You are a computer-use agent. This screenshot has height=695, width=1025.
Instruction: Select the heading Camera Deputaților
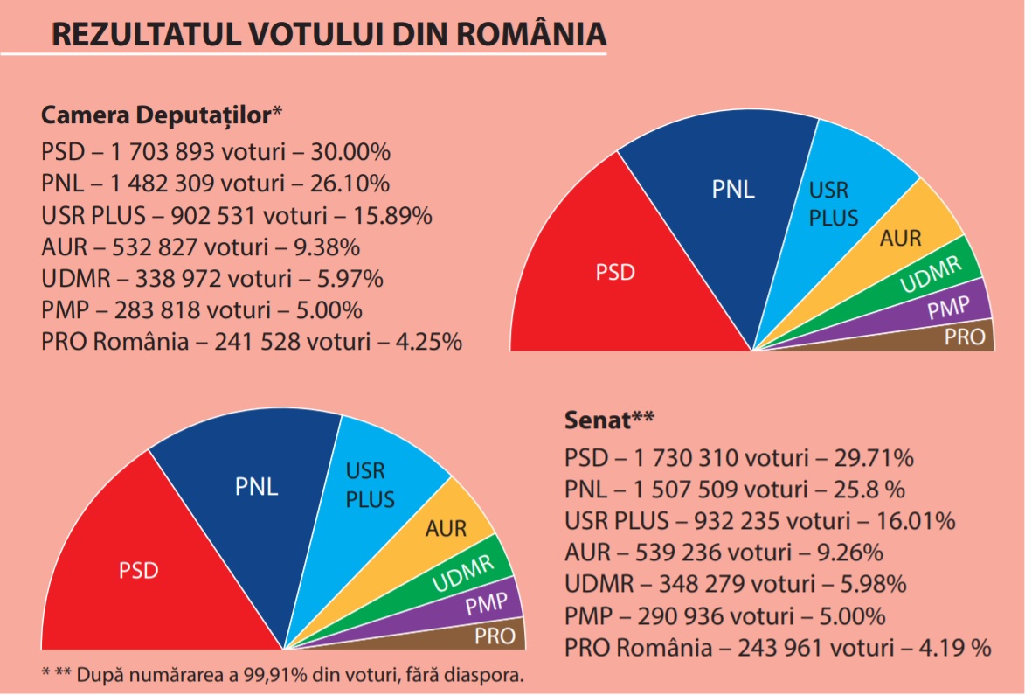(157, 115)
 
